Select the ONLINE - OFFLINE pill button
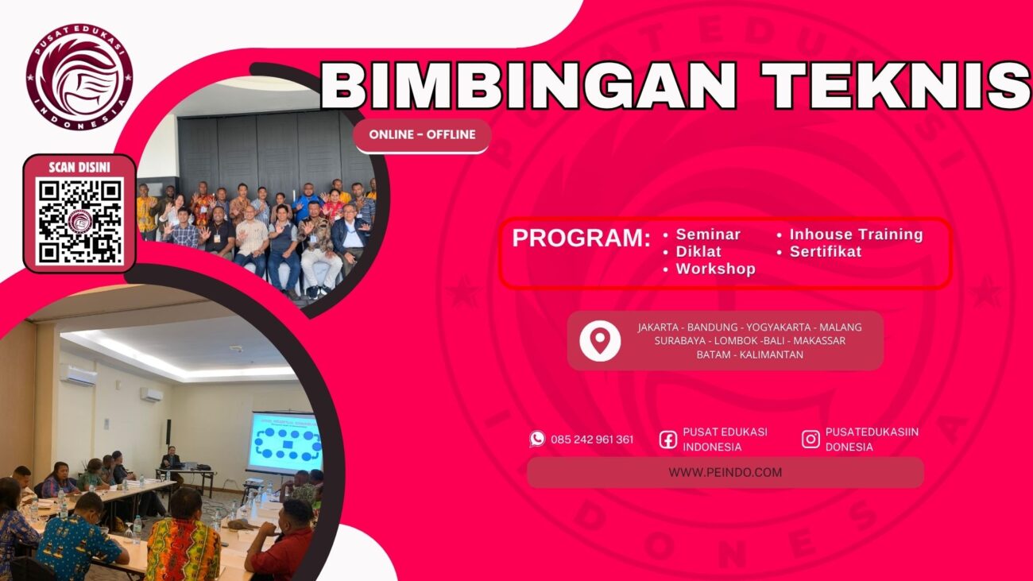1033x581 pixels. (x=422, y=135)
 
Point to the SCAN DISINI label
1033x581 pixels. (x=79, y=167)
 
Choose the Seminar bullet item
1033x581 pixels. (x=707, y=234)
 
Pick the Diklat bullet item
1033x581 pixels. (x=698, y=252)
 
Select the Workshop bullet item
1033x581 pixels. (x=714, y=269)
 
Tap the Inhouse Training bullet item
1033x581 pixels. (x=855, y=234)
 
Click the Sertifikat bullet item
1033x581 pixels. (x=825, y=252)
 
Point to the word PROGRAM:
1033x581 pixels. (x=581, y=238)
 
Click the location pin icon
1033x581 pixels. (x=600, y=340)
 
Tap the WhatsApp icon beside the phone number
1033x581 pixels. (x=538, y=439)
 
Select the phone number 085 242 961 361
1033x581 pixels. (x=592, y=440)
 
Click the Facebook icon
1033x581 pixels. (x=668, y=440)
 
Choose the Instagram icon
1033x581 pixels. (x=811, y=439)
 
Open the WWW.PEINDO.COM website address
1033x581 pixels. (x=725, y=472)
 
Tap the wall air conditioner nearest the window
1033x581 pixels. (x=78, y=375)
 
